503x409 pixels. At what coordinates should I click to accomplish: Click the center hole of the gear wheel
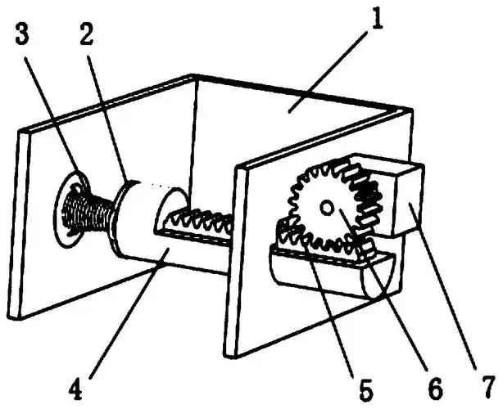point(327,209)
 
